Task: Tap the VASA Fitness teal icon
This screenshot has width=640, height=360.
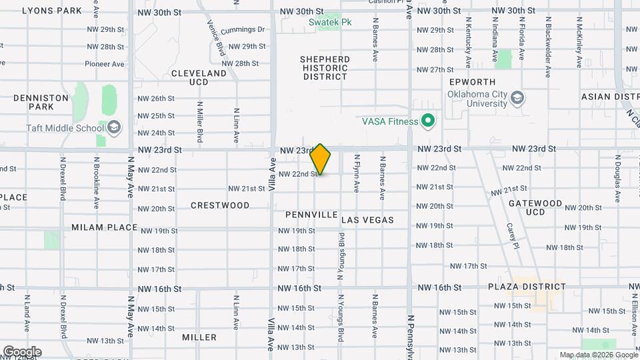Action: coord(428,121)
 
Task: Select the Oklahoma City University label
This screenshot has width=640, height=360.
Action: coord(477,99)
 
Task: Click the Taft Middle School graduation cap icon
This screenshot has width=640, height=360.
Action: coord(114,127)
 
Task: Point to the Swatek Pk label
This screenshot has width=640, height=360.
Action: coord(329,22)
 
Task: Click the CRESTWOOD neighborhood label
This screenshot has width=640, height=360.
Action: coord(220,205)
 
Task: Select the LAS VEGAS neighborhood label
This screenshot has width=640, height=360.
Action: coord(368,220)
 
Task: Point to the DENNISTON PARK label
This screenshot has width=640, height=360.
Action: coord(41,102)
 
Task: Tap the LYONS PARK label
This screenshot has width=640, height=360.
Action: coord(52,11)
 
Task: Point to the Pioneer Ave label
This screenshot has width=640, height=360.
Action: coord(105,64)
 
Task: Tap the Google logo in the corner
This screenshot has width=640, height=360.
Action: coord(21,351)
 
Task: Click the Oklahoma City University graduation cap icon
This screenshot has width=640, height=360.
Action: coord(517,99)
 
